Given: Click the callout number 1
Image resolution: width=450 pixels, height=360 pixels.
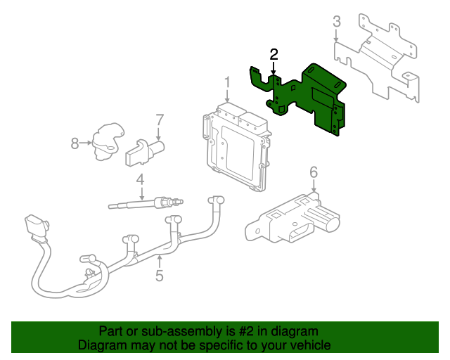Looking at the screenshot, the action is [227, 82].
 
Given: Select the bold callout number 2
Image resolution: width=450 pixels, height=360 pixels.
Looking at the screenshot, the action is [274, 54].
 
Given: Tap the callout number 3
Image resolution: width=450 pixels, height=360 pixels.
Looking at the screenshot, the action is [337, 22].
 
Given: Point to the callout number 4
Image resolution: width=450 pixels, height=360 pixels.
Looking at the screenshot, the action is [140, 180].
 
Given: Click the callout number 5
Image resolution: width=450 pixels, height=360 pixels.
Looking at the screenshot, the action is [160, 276].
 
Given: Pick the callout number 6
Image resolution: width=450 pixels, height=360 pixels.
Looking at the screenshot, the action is [314, 172].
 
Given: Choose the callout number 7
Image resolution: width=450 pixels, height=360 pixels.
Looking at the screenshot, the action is [160, 120].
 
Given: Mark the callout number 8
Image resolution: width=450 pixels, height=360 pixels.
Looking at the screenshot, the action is [75, 143].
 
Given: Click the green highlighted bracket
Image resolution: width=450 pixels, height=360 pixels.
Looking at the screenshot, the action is [304, 98].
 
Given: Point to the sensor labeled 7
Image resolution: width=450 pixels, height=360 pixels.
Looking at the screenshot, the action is [145, 152].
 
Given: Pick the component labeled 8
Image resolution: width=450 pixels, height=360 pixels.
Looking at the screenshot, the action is [107, 141].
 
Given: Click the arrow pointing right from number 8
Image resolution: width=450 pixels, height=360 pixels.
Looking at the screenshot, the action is [86, 143].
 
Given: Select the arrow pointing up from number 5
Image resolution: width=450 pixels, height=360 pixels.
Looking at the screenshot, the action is [160, 262].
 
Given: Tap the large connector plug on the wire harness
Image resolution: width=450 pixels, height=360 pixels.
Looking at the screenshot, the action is [36, 227].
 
